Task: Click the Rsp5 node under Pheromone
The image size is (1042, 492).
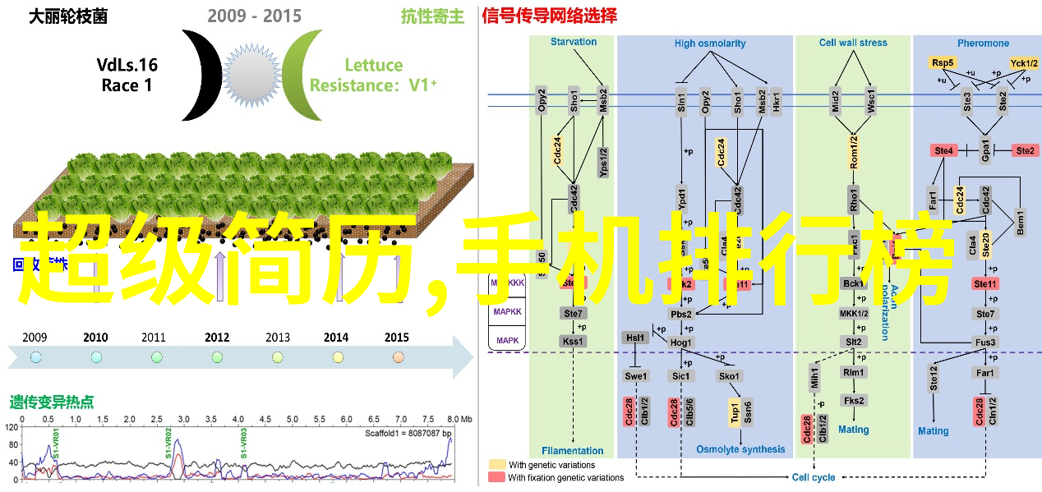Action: click(x=942, y=62)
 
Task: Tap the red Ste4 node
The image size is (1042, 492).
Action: click(x=943, y=151)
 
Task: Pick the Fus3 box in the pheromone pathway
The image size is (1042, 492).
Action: click(x=985, y=342)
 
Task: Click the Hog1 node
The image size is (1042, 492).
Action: click(x=681, y=343)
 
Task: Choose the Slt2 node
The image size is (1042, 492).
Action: click(x=854, y=342)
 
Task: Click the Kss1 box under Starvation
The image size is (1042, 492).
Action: click(x=573, y=342)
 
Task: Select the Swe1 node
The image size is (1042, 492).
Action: click(x=635, y=376)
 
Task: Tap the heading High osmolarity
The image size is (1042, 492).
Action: click(x=710, y=44)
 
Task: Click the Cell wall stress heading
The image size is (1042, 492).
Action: click(x=853, y=44)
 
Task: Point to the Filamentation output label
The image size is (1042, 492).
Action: click(x=572, y=450)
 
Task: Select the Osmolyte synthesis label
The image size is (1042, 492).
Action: click(x=740, y=449)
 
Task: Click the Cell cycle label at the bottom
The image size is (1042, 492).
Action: click(x=813, y=477)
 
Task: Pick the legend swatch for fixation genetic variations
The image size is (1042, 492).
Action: click(x=496, y=477)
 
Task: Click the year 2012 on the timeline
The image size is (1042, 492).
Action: click(x=217, y=337)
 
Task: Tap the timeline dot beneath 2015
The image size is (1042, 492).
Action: click(x=399, y=356)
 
